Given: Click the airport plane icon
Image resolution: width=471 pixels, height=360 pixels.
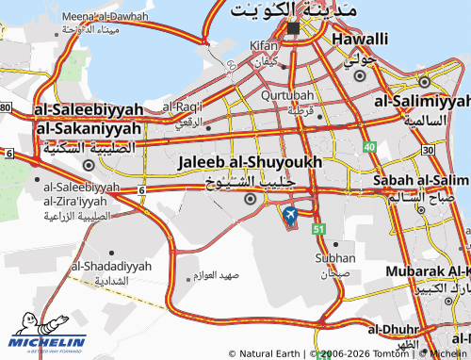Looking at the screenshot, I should pyautogui.click(x=289, y=217).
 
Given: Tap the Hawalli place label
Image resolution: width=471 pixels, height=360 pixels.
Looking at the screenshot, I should pyautogui.click(x=359, y=39).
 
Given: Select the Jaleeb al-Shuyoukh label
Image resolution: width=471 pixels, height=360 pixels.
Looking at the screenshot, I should pyautogui.click(x=250, y=163).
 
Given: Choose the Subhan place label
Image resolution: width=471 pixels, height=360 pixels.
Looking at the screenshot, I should pyautogui.click(x=335, y=257).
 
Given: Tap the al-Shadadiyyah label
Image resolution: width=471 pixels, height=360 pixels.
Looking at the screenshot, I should pyautogui.click(x=111, y=267).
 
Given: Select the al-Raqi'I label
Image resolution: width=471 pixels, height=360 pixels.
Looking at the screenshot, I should pyautogui.click(x=183, y=106).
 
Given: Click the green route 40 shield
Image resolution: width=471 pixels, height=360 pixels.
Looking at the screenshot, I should pyautogui.click(x=370, y=148).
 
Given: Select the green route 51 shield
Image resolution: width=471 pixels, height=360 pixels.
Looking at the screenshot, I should pyautogui.click(x=319, y=229).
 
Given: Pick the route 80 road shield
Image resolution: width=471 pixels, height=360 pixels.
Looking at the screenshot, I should pyautogui.click(x=5, y=107).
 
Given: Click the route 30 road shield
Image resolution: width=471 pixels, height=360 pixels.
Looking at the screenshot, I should pyautogui.click(x=429, y=149).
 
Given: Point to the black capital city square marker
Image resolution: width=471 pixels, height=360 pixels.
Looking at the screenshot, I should pyautogui.click(x=293, y=28).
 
